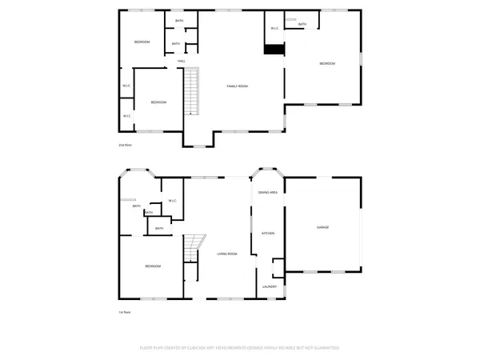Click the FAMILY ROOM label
coord(236,86)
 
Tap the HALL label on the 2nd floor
coord(182,61)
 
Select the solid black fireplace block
coord(274,49)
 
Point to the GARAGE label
coord(322,228)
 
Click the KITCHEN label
coord(268,233)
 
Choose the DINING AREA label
coord(268,193)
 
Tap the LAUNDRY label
coord(270,286)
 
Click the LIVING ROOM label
coord(227,254)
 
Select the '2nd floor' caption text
coord(125,145)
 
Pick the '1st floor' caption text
coord(124,313)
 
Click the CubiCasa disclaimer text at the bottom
coord(240,348)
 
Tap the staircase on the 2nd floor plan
coord(191,92)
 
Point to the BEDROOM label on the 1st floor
coord(153,266)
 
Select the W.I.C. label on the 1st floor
coord(172,200)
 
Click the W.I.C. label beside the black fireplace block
coord(274,29)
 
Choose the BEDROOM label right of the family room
coord(327,64)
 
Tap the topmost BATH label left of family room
coord(178,21)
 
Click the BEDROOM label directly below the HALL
coord(158,102)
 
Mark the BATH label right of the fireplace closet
coord(302,25)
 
